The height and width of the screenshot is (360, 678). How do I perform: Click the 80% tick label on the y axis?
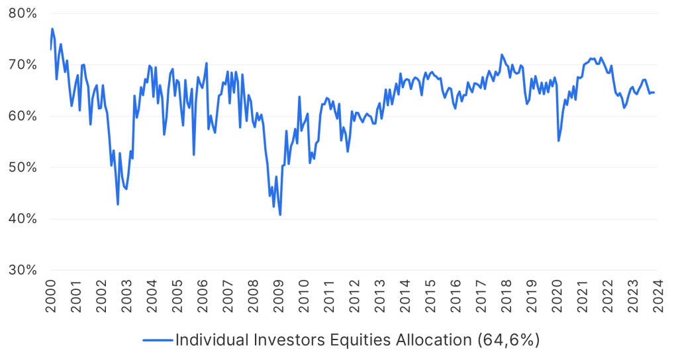tap(23, 13)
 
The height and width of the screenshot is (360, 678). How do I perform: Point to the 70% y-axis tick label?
tap(23, 65)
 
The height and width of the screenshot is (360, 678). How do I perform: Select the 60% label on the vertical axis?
tap(23, 116)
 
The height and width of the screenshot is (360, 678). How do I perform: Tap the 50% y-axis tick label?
tap(23, 167)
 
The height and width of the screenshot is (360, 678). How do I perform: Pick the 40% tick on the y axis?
tap(23, 219)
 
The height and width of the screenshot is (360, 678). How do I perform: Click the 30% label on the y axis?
tap(23, 270)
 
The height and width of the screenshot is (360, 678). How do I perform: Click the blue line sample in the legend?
tap(158, 340)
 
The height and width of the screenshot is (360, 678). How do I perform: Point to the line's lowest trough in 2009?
tap(280, 215)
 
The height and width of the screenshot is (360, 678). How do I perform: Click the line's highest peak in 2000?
tap(52, 28)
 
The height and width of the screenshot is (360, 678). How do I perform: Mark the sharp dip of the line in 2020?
tap(559, 141)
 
